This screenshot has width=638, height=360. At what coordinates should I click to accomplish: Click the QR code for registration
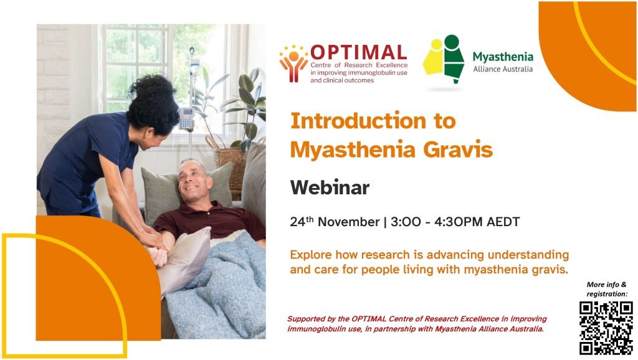(606, 327)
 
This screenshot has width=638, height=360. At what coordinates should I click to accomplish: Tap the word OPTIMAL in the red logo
(358, 52)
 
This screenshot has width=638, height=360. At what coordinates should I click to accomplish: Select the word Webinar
(330, 187)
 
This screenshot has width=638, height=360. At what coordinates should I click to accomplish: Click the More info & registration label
(607, 289)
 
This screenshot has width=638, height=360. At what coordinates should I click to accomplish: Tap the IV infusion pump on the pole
(186, 118)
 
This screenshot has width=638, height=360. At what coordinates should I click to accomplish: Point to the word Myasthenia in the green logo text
(503, 57)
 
